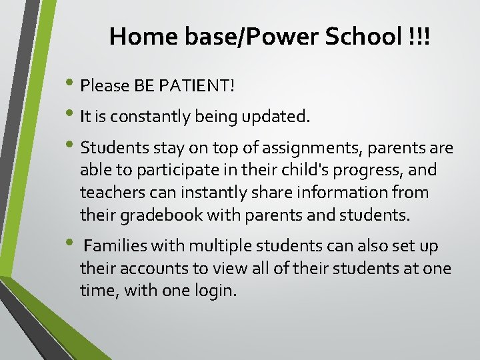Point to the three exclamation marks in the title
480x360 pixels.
pyautogui.click(x=421, y=37)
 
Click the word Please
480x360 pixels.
pyautogui.click(x=105, y=86)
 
